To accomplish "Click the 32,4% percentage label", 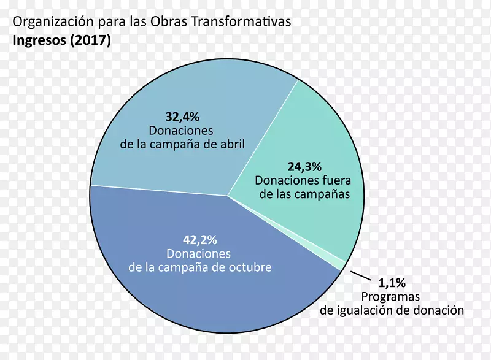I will coord(182,116).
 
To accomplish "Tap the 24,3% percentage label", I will coord(305,166).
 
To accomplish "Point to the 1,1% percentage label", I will coord(392,283).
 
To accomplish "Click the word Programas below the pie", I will coord(392,296).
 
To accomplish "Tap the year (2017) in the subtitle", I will coord(90,42).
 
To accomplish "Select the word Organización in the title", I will coord(52,22).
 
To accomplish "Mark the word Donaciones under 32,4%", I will coord(181,131).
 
